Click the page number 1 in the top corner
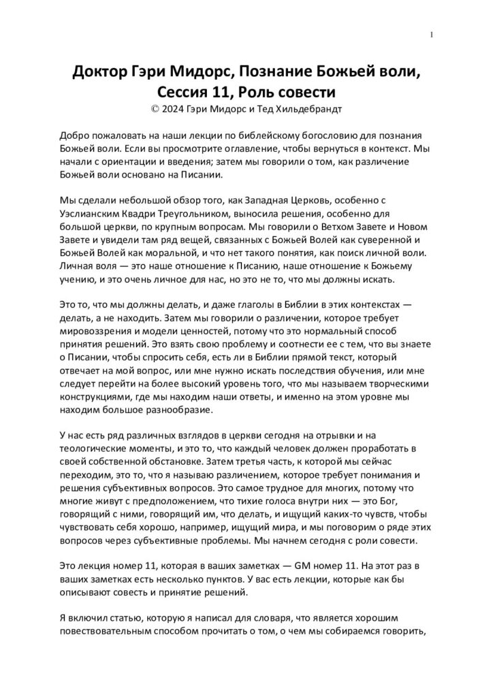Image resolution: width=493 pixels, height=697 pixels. tap(432, 34)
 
